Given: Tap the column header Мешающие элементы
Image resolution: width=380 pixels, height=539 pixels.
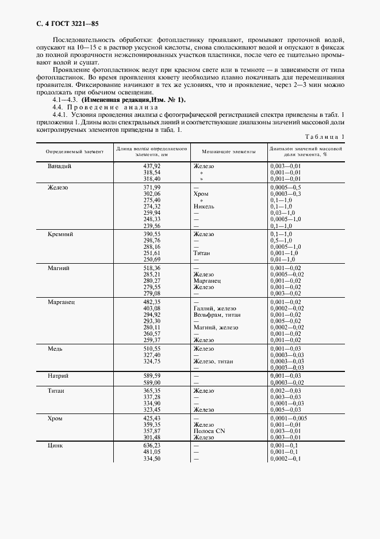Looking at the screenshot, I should [228, 151].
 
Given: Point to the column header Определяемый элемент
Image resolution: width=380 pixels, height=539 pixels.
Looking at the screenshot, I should [71, 151].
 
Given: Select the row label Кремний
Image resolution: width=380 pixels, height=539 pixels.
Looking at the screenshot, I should [61, 234].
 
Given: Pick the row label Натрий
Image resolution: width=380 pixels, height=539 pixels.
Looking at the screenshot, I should [59, 375].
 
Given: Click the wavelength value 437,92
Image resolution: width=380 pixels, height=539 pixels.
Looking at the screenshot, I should [152, 166].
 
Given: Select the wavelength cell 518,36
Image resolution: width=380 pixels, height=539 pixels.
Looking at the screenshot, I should [152, 268].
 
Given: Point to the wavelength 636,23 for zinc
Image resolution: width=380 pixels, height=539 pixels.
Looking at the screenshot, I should [152, 445].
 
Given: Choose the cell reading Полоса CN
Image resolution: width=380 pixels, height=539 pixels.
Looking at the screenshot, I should [209, 430].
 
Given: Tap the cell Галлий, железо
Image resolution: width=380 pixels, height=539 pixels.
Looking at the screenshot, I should [215, 309].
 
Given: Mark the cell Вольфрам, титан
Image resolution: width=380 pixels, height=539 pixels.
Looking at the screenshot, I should [217, 315].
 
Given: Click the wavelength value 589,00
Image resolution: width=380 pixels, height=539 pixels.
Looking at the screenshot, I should [152, 382].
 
